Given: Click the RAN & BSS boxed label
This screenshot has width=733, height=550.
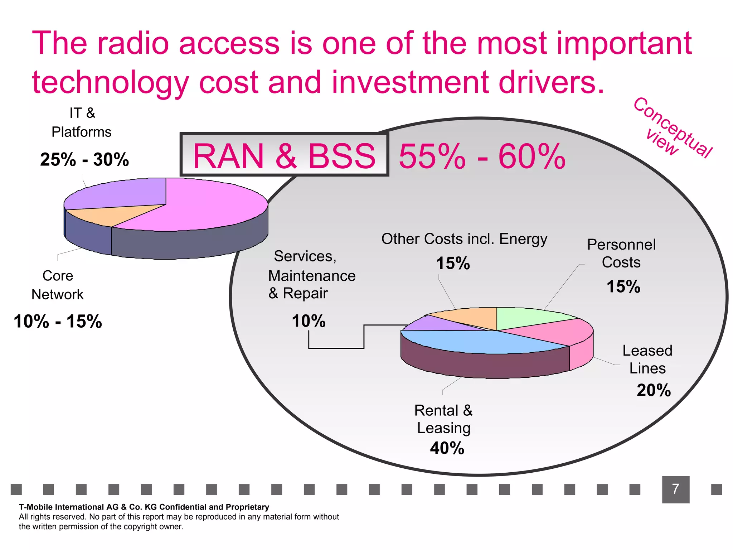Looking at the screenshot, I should [284, 155].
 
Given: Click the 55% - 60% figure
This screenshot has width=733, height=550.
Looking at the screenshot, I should [482, 156].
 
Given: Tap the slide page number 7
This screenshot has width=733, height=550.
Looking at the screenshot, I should [675, 489].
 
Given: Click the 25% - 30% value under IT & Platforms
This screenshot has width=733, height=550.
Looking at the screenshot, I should [84, 160].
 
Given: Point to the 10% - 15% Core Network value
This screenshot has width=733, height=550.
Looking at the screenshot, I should [58, 321].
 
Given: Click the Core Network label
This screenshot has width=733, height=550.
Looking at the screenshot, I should [58, 285].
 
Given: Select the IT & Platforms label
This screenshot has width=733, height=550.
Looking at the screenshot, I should [82, 122].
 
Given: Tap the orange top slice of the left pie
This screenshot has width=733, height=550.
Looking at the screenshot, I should [107, 214].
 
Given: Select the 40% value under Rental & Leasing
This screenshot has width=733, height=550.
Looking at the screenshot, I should [447, 448].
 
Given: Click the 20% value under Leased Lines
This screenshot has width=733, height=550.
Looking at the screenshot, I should [654, 390].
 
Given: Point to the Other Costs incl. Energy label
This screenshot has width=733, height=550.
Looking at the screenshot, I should [464, 239].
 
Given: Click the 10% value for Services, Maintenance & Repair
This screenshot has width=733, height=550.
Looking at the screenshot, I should [309, 321].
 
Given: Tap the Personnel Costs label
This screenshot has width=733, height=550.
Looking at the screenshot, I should [621, 254].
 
